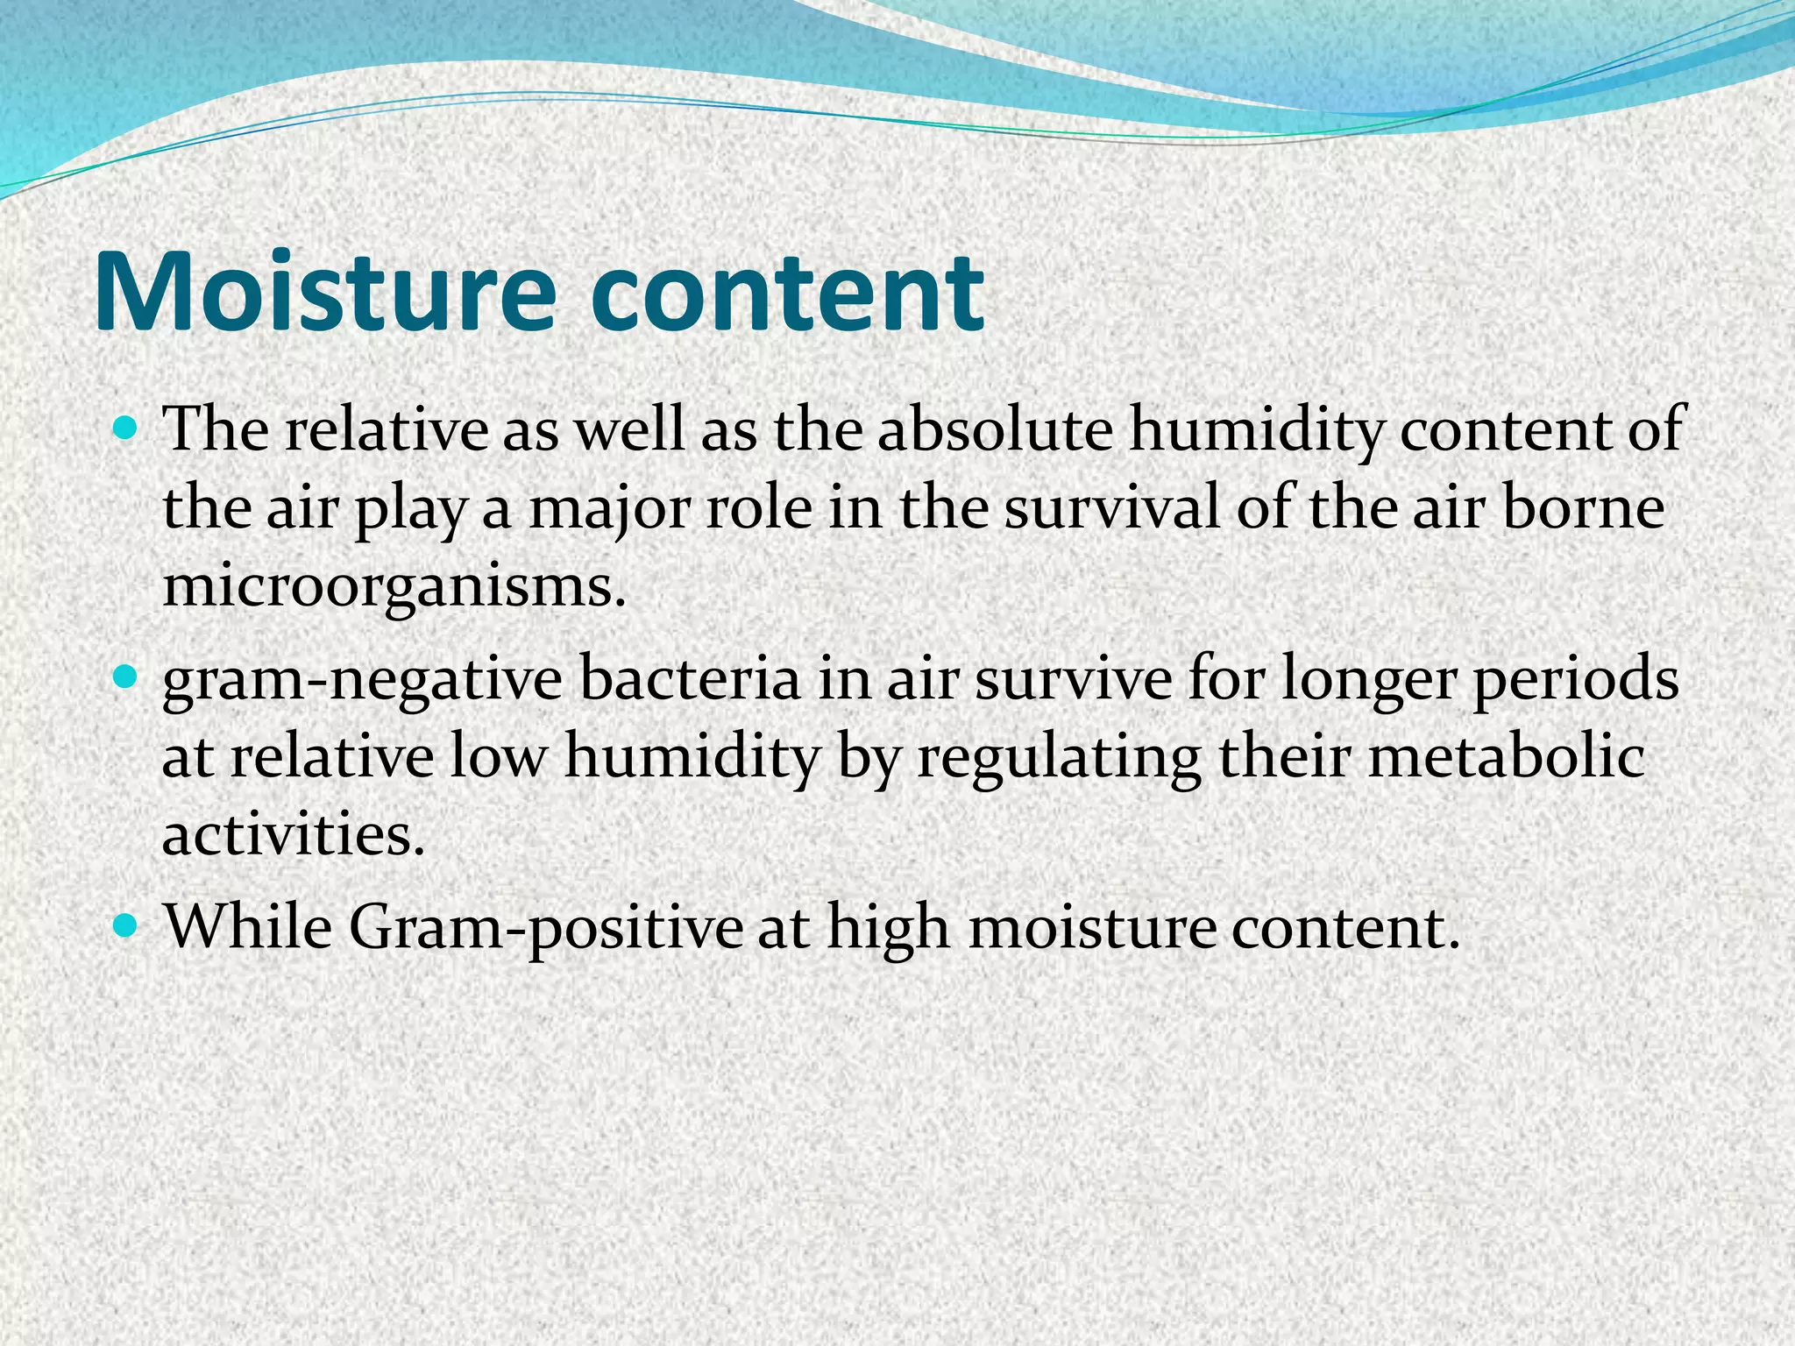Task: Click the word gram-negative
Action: (x=361, y=681)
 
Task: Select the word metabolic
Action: (x=1505, y=756)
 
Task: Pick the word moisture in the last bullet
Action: (x=1092, y=927)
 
